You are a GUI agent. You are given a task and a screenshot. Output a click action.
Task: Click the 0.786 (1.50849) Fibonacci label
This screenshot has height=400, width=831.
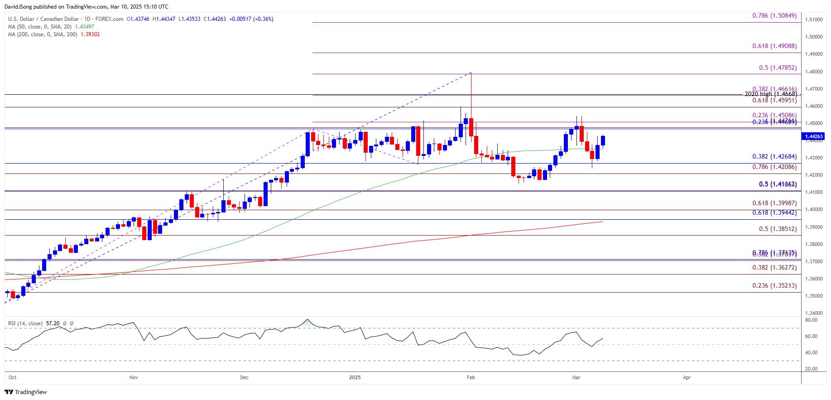(774, 16)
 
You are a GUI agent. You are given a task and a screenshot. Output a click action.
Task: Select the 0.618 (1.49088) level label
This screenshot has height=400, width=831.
(774, 46)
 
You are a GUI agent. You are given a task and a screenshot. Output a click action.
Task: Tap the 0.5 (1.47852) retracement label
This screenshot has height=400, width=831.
(777, 68)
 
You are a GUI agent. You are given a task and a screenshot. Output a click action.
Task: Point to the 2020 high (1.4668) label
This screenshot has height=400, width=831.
(770, 94)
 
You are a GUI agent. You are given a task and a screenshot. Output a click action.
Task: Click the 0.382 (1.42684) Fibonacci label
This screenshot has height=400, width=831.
(774, 157)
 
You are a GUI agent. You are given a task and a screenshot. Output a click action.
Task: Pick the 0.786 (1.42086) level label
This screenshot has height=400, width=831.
(774, 167)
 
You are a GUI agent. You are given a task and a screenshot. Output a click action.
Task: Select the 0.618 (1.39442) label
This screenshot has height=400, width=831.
(774, 213)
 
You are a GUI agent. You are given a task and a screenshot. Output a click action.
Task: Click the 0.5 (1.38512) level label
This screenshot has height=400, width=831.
(777, 229)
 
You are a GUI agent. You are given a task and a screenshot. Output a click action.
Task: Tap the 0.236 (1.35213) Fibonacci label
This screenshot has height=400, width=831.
(774, 286)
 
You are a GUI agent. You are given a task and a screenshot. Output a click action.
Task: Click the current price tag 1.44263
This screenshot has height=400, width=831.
(813, 136)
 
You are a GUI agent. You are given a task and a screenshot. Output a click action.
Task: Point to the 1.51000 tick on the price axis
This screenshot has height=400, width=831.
(814, 19)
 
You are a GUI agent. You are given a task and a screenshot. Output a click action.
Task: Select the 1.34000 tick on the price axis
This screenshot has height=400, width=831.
(814, 313)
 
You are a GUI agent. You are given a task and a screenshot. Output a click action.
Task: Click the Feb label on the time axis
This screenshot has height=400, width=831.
(471, 377)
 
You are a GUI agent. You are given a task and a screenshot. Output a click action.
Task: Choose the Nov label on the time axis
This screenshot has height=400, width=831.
(134, 377)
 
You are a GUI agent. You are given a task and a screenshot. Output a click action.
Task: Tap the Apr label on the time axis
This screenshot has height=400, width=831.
(687, 377)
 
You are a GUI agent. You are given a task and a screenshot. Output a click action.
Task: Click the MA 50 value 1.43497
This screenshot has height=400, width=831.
(84, 27)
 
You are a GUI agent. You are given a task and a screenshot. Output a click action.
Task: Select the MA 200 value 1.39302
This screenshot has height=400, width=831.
(90, 34)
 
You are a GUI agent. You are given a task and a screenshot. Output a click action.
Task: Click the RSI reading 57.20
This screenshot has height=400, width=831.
(53, 323)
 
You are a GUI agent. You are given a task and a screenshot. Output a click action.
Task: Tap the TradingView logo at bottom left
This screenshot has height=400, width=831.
(26, 392)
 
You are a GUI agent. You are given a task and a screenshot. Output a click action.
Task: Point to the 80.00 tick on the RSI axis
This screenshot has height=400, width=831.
(811, 320)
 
